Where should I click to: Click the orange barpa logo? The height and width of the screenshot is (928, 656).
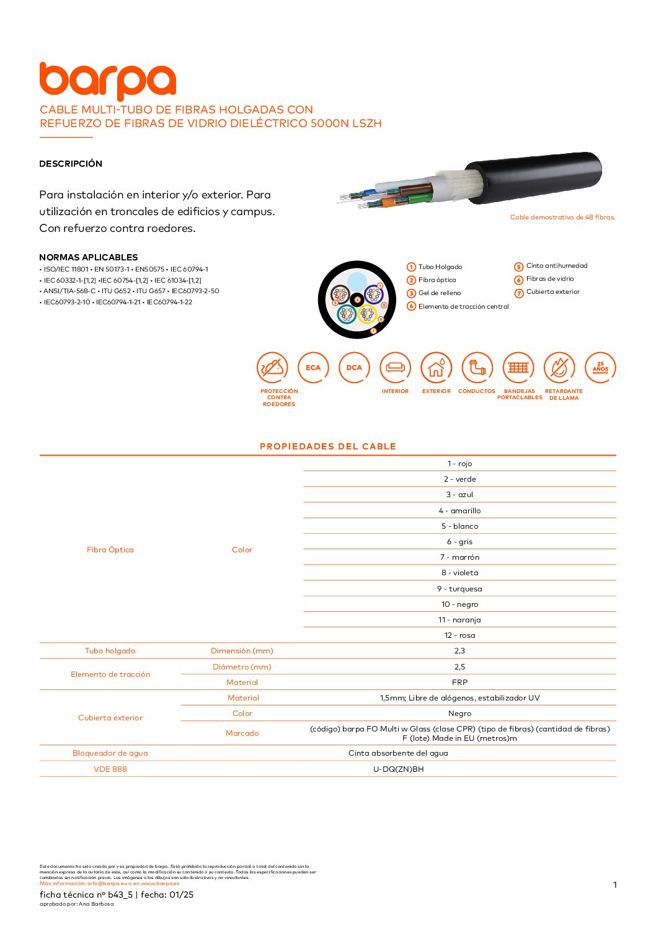tap(107, 81)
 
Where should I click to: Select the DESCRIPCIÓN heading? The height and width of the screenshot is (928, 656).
tap(71, 164)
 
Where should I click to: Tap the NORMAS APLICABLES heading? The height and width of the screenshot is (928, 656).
tap(88, 257)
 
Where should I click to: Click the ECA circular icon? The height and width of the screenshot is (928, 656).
tap(313, 368)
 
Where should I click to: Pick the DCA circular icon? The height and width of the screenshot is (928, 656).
tap(354, 368)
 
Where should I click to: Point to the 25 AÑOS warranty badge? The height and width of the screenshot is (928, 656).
tap(600, 368)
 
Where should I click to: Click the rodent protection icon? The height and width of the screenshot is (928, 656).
tap(272, 368)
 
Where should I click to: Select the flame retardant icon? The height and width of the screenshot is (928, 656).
tap(559, 368)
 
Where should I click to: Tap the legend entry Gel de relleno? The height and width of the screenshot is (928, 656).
tap(439, 293)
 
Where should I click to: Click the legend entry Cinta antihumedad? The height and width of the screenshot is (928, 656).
tap(556, 266)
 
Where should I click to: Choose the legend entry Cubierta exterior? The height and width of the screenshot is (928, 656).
tap(552, 292)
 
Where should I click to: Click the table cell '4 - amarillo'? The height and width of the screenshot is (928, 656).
tap(459, 511)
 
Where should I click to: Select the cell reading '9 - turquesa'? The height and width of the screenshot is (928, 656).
tap(459, 589)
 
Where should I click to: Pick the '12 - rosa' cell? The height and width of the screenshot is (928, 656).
tap(459, 635)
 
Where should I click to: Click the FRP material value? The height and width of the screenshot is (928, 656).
tap(459, 683)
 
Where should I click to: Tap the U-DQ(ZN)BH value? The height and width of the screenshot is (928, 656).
tap(398, 769)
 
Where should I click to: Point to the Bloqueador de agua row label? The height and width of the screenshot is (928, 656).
tap(110, 753)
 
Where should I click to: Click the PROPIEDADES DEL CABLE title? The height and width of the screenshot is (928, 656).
tap(327, 446)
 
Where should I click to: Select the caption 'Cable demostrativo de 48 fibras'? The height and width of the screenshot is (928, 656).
tap(562, 218)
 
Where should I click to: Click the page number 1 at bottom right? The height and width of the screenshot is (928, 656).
tap(614, 885)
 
